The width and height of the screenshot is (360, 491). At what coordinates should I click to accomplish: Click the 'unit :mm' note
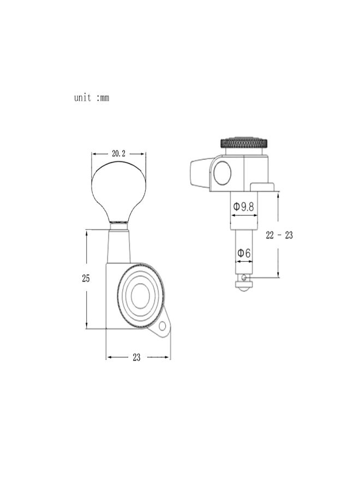[x=92, y=98]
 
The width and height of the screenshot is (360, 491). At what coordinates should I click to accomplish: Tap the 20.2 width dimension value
[x=118, y=153]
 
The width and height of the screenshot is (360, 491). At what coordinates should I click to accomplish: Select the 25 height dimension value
[x=86, y=278]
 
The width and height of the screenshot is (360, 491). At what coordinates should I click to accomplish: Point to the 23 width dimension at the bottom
[x=136, y=357]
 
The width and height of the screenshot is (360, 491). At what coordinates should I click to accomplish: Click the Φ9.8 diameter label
[x=244, y=206]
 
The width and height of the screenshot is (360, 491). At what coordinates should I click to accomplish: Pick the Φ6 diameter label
[x=244, y=253]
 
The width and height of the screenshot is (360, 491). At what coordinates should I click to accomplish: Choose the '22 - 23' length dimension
[x=279, y=235]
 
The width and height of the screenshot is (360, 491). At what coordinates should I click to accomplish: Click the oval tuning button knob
[x=119, y=191]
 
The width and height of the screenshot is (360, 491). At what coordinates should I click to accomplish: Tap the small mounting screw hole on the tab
[x=162, y=326]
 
